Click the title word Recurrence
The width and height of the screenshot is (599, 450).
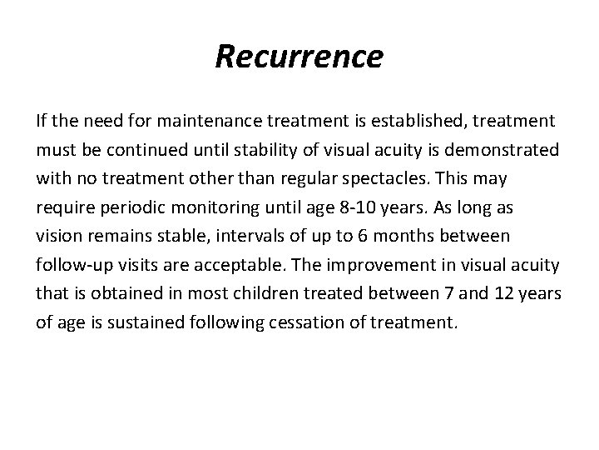(x=299, y=57)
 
